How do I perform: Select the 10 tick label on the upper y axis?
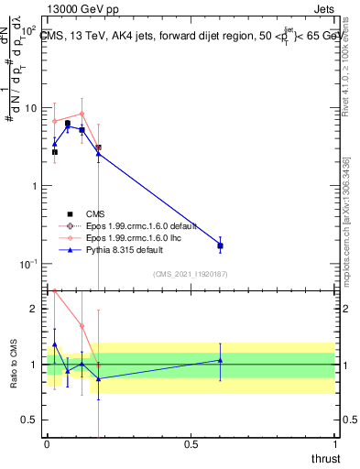tap(31, 108)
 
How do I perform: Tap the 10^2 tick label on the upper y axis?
tap(29, 29)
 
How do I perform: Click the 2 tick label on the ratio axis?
tap(36, 309)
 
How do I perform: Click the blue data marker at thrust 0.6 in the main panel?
tap(220, 245)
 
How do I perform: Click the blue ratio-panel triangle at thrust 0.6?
tap(220, 360)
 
